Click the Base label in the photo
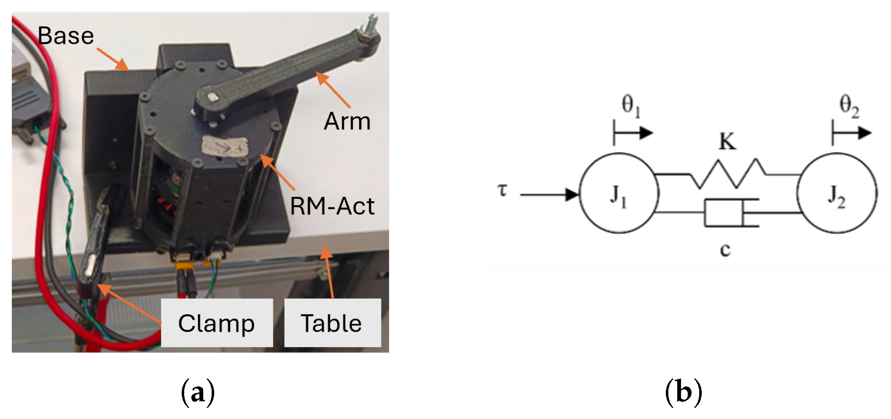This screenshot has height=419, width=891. pos(65,35)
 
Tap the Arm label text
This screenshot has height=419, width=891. pos(347,122)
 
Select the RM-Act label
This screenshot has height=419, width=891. pos(332,207)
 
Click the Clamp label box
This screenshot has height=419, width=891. pos(217,323)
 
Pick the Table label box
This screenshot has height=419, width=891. pos(332,323)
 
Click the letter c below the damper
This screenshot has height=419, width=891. pos(725,250)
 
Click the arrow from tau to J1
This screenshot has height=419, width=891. pos(549,194)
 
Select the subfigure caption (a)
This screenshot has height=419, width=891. pos(198,392)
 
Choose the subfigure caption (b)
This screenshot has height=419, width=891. pos(684,392)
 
